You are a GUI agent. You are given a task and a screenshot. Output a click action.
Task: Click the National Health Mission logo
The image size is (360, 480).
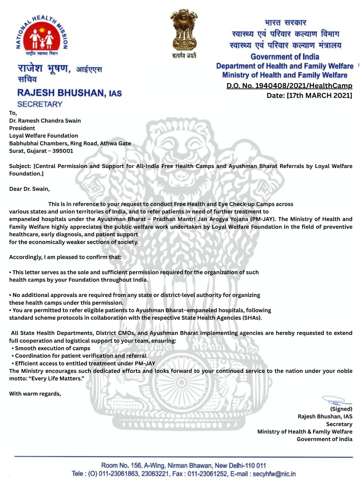(42, 36)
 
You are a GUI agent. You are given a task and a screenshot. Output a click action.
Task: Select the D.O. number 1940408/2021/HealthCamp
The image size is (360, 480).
(289, 86)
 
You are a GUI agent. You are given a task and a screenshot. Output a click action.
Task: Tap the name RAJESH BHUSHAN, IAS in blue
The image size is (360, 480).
(69, 93)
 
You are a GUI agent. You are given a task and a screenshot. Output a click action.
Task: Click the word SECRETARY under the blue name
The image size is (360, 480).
(40, 104)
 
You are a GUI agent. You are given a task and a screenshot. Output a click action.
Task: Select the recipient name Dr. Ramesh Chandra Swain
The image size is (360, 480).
(45, 121)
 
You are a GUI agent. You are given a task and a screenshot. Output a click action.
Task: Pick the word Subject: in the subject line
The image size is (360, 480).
(20, 166)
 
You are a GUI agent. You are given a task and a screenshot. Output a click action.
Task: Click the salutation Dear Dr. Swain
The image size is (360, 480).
(29, 189)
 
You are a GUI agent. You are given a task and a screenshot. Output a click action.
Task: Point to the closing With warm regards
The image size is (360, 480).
(35, 394)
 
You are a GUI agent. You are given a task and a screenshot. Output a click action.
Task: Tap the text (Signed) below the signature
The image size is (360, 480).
(341, 409)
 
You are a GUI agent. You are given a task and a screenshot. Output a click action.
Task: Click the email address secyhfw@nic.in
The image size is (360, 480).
(274, 474)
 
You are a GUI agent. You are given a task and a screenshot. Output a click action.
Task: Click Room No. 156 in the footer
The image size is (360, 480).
(121, 466)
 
